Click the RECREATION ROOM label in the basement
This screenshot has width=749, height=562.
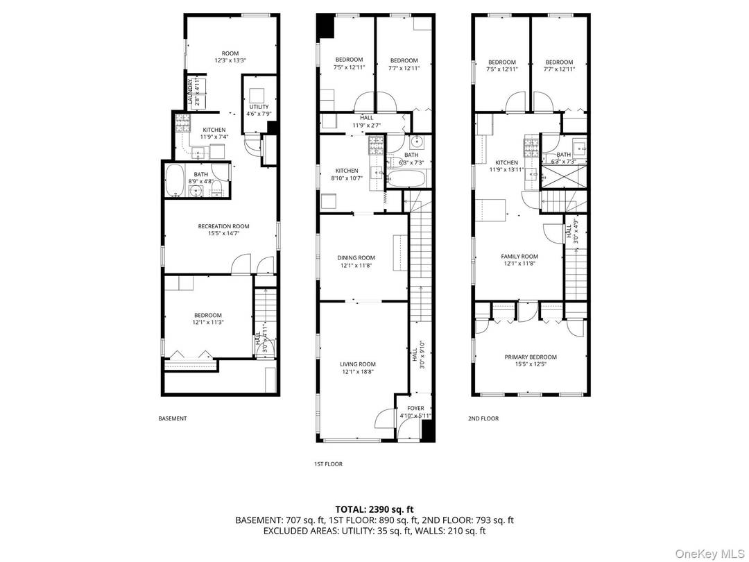(223, 226)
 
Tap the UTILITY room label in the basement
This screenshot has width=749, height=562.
(258, 107)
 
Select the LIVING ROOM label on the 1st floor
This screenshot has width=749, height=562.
(357, 364)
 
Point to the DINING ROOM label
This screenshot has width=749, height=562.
(357, 258)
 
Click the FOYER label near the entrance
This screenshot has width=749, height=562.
(415, 409)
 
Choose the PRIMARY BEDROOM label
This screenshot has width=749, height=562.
(530, 357)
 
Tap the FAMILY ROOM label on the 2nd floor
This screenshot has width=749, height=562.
(519, 257)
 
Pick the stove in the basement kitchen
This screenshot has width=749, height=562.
(182, 124)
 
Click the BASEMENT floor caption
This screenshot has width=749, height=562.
(173, 418)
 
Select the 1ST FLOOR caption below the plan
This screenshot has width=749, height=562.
(328, 464)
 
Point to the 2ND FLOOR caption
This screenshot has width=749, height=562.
(483, 418)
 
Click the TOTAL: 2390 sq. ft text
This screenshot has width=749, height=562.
(374, 509)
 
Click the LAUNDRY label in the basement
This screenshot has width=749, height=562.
(191, 92)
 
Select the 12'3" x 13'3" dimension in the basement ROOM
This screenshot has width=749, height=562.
(230, 61)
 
